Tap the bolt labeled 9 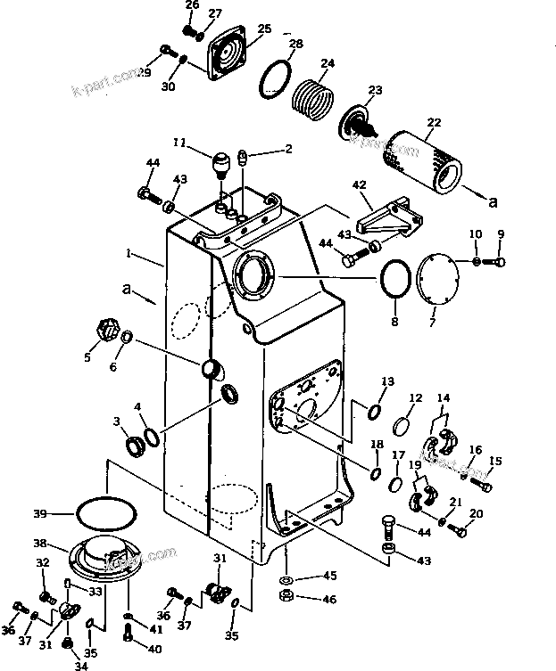click(499, 261)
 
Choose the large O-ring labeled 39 click(106, 513)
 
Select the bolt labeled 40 click(130, 634)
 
